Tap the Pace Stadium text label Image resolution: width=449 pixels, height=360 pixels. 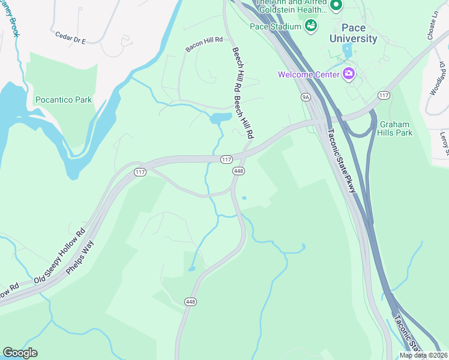point(276,26)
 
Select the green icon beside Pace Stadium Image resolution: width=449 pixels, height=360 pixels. point(311,25)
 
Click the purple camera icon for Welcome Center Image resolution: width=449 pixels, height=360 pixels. point(348,74)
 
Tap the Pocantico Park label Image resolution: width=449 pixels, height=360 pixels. point(64,100)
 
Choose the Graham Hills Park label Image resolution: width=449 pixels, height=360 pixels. point(396,128)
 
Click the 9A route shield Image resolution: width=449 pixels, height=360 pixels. point(306,96)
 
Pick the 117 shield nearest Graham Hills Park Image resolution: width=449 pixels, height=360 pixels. point(384,95)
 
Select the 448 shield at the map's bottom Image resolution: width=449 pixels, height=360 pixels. point(191,301)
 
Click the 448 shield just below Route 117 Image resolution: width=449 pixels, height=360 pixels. point(238,171)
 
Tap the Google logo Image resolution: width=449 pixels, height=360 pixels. point(20,353)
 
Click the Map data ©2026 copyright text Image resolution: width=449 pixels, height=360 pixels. point(423,355)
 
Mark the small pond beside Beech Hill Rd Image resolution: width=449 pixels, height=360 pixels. point(220,118)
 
